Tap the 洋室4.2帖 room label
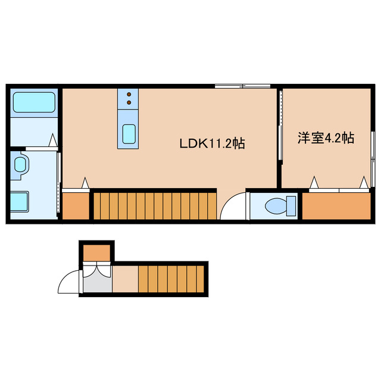pos(326,138)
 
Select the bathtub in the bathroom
pos(34,102)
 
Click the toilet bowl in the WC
pos(277,205)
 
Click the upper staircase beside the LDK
pos(154,205)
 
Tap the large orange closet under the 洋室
pos(336,206)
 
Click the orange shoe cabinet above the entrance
pos(96,252)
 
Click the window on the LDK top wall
pos(242,87)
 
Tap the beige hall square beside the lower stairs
pos(125,279)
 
